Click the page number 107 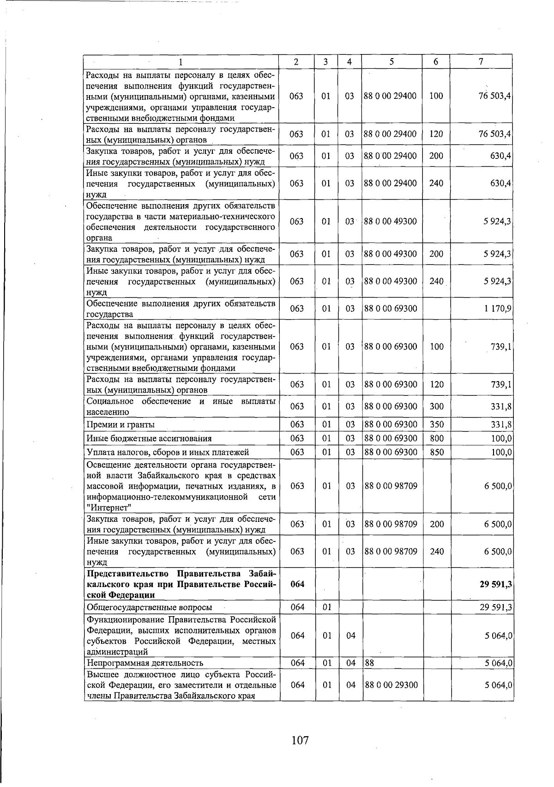tap(300, 740)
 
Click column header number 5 tap(391, 61)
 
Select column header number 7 tap(481, 61)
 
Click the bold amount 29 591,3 tap(495, 584)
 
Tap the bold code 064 tap(298, 584)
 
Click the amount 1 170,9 tap(498, 309)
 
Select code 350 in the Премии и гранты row tap(436, 424)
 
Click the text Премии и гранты tap(120, 424)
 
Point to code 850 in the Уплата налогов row tap(436, 452)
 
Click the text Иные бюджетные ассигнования tap(149, 438)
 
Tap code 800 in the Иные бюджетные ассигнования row tap(436, 438)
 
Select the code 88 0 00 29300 tap(391, 684)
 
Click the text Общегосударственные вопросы tap(149, 607)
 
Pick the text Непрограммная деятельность tap(145, 663)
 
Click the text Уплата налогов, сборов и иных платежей tap(168, 452)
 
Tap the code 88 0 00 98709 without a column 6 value tap(391, 486)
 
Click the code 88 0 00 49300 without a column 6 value tap(391, 221)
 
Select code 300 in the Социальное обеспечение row tap(436, 406)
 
